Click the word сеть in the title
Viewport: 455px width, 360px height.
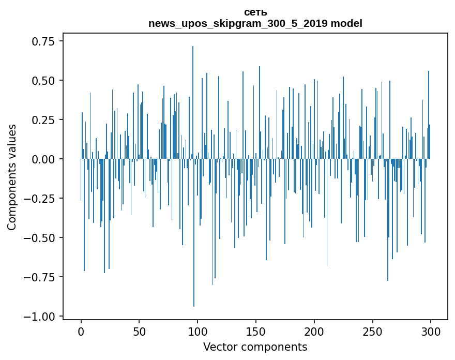(255, 12)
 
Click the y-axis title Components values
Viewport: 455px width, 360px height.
(12, 177)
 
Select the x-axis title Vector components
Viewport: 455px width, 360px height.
(255, 347)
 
